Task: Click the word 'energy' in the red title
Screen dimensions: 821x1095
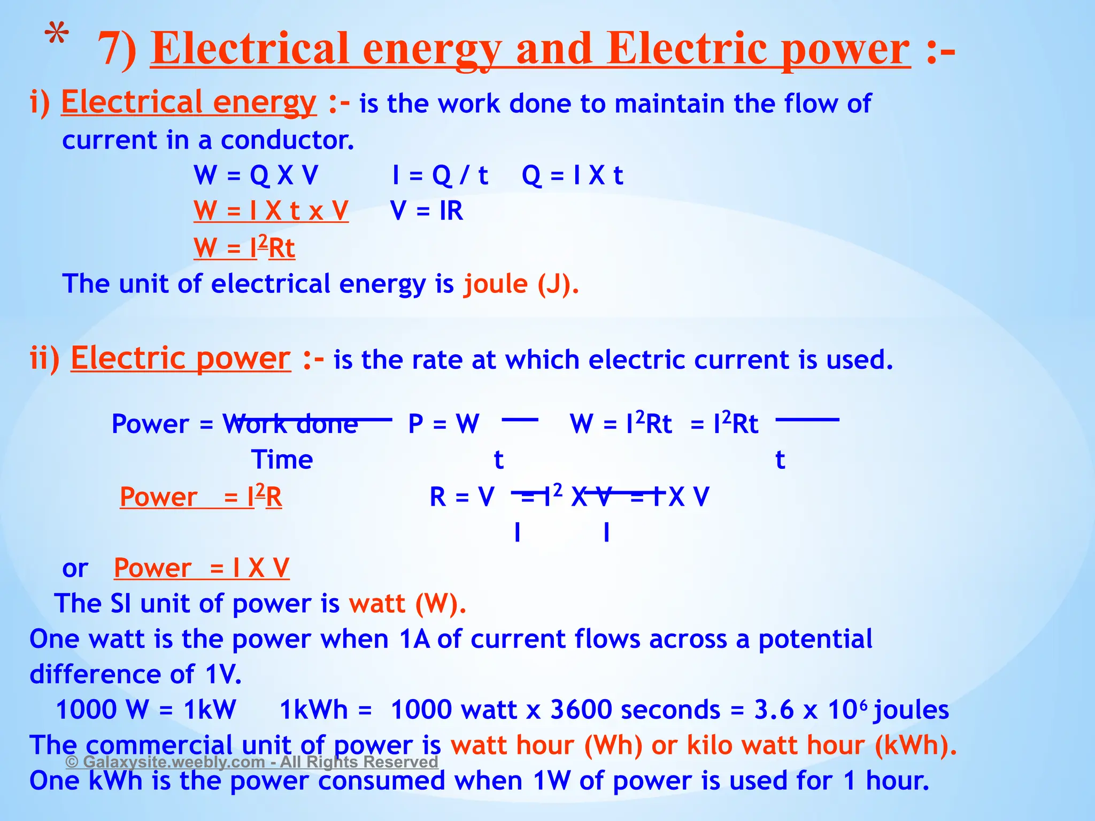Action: point(432,50)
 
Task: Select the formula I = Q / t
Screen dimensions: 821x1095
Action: point(440,175)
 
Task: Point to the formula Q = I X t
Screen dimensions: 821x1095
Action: point(572,175)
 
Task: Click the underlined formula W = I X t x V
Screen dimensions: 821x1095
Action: point(271,211)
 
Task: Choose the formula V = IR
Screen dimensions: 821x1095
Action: point(427,211)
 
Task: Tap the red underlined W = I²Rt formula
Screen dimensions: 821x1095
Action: point(244,247)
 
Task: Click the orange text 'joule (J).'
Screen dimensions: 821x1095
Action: point(521,283)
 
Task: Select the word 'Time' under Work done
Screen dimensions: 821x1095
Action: point(282,460)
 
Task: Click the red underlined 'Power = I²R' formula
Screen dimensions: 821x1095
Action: point(201,497)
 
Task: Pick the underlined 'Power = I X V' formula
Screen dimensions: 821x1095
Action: point(202,568)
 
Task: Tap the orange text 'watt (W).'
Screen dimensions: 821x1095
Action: point(407,603)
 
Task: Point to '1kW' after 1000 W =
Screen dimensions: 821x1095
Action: point(210,710)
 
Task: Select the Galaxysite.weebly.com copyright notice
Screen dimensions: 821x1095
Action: point(252,762)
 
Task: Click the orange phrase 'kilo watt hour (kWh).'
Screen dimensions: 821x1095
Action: point(822,745)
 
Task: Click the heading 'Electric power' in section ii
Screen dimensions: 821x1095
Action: point(181,358)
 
